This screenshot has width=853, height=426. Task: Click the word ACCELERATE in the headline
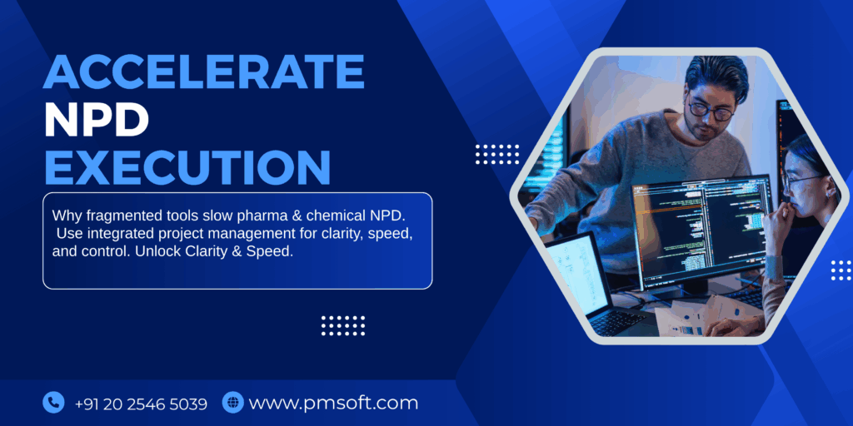(204, 72)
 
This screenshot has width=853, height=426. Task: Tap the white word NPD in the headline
(97, 120)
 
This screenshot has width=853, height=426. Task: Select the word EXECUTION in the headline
(187, 166)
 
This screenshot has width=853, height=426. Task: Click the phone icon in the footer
(53, 403)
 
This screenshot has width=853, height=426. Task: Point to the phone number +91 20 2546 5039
(141, 404)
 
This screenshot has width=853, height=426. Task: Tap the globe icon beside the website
(232, 403)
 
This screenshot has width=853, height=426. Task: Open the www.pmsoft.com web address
(333, 404)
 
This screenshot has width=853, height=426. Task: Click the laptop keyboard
(616, 321)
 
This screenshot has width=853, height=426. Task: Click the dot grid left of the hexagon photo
(497, 154)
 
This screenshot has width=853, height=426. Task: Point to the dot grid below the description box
(343, 325)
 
